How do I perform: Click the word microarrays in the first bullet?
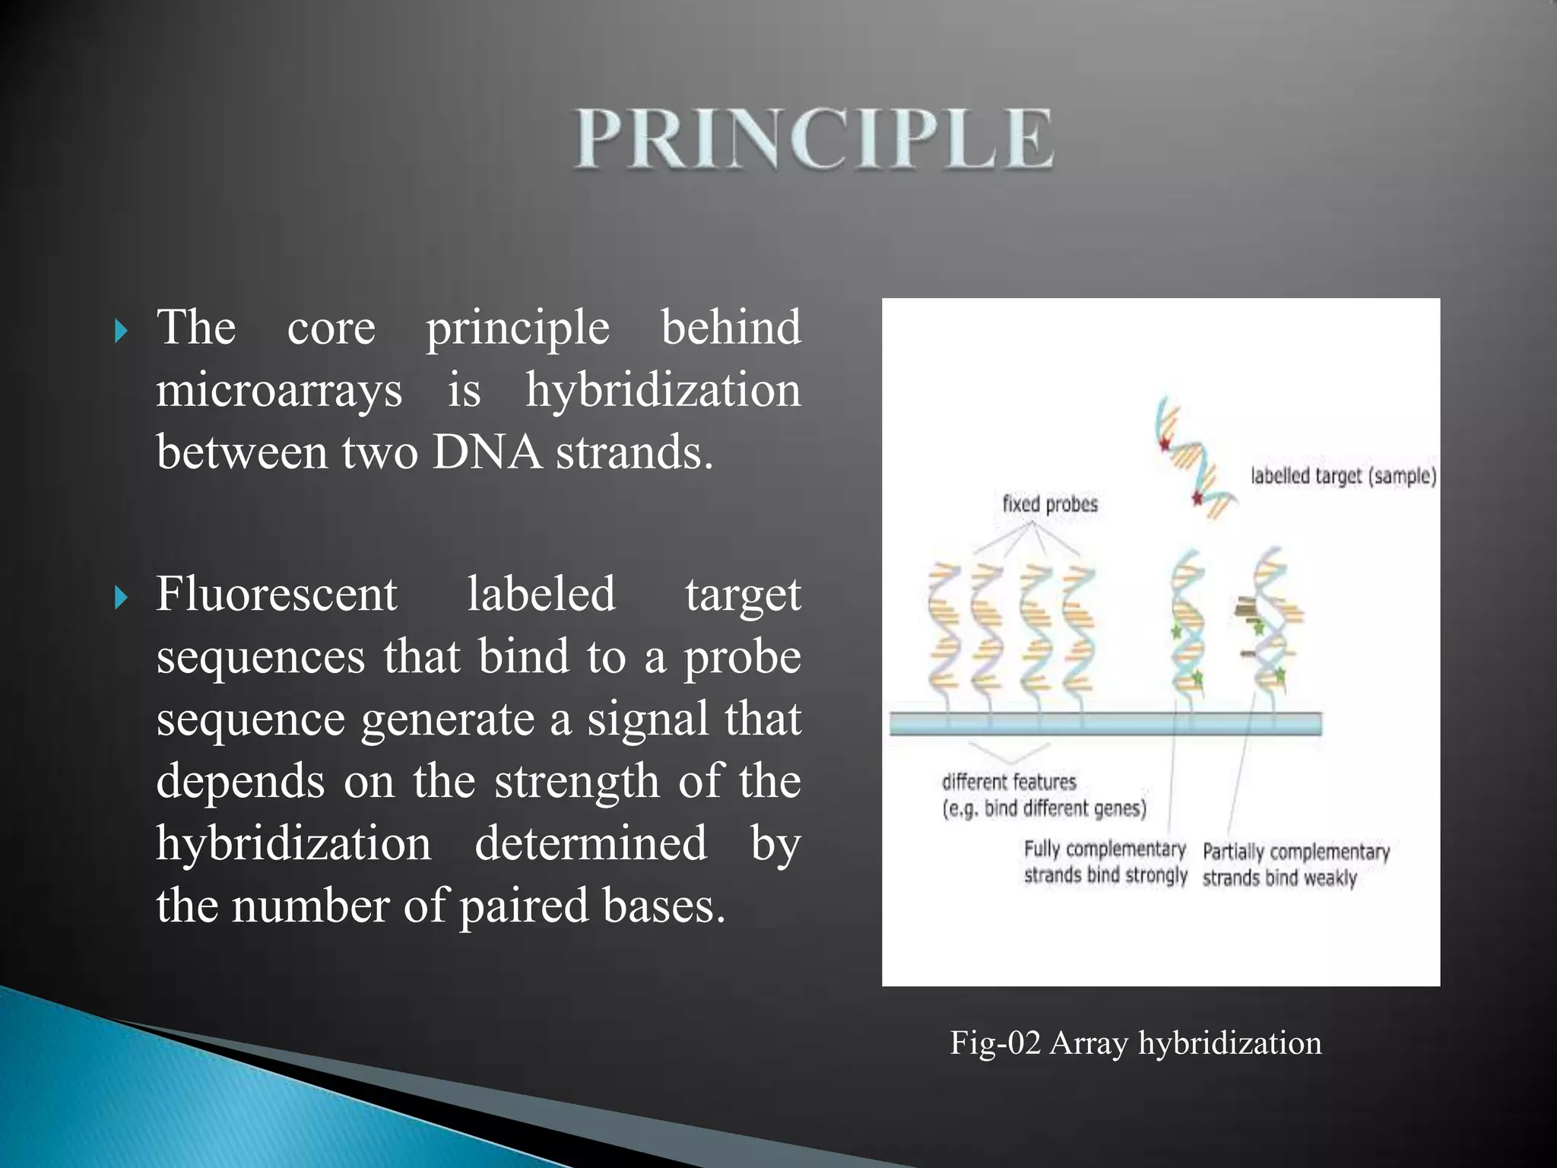(x=279, y=391)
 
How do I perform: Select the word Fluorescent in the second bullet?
(x=277, y=594)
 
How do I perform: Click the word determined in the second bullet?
(x=591, y=843)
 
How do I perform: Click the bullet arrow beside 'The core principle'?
(x=121, y=331)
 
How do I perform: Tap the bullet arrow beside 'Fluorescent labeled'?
(x=121, y=598)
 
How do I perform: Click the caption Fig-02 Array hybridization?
(x=1135, y=1043)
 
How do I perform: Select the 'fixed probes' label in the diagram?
(x=1050, y=504)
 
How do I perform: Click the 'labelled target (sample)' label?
(x=1343, y=477)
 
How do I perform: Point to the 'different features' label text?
(x=1009, y=782)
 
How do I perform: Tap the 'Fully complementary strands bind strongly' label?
(x=1105, y=862)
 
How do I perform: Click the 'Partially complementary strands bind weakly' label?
(x=1295, y=865)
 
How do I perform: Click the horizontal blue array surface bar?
(x=1105, y=723)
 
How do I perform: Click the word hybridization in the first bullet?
(x=663, y=391)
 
